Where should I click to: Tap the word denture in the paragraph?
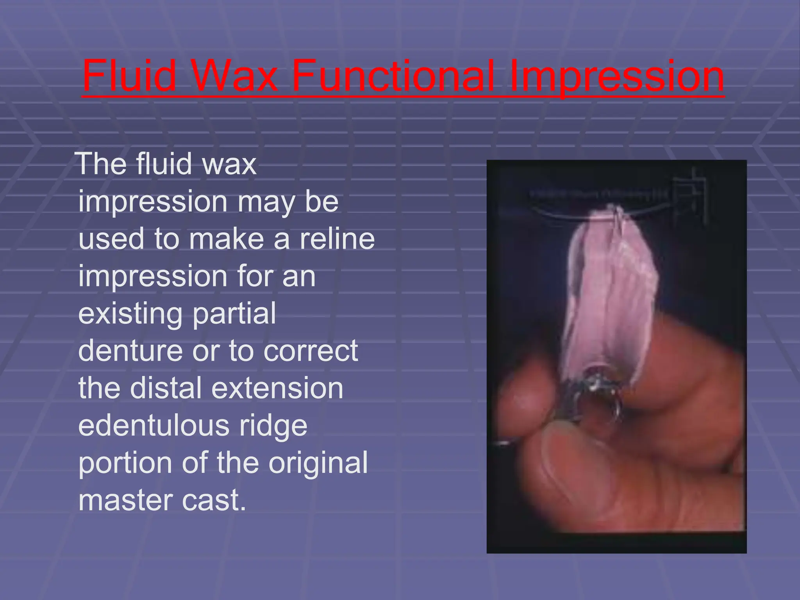[x=130, y=350]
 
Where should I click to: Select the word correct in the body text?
[x=311, y=350]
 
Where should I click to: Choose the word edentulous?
[x=154, y=425]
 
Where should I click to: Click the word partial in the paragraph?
[x=234, y=314]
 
